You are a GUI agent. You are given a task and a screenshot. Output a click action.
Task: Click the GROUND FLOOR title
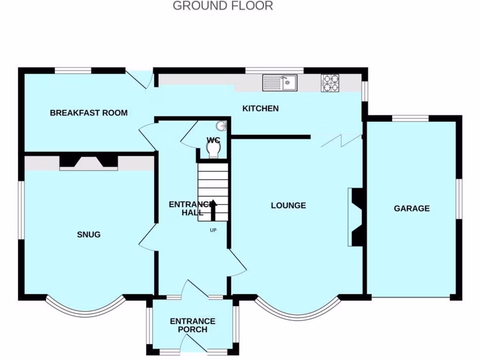coord(223,6)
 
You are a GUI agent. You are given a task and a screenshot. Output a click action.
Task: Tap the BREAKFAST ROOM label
coord(89,113)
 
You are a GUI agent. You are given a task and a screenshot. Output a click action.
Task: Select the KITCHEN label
coord(260,109)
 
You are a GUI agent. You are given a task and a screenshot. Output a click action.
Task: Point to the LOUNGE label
coord(288,205)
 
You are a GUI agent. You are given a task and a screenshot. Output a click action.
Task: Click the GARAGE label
coord(412,209)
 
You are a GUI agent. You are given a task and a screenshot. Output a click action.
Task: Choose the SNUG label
coord(89,234)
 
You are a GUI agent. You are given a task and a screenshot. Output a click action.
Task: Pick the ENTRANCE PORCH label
coord(193,325)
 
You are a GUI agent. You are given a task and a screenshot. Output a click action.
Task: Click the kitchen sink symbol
coord(279,83)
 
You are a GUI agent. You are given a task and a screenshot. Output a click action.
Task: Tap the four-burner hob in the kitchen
coord(330,83)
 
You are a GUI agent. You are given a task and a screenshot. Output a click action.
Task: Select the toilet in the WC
coord(214,149)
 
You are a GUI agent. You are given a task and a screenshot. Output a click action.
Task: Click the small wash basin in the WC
coord(222,126)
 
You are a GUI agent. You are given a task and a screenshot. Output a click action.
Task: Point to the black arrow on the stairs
coord(213,210)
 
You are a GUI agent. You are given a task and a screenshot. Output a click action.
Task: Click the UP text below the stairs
coord(213,230)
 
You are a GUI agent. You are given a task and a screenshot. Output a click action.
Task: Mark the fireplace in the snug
coord(89,162)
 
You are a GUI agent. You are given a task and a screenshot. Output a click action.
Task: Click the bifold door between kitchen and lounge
coord(341,140)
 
